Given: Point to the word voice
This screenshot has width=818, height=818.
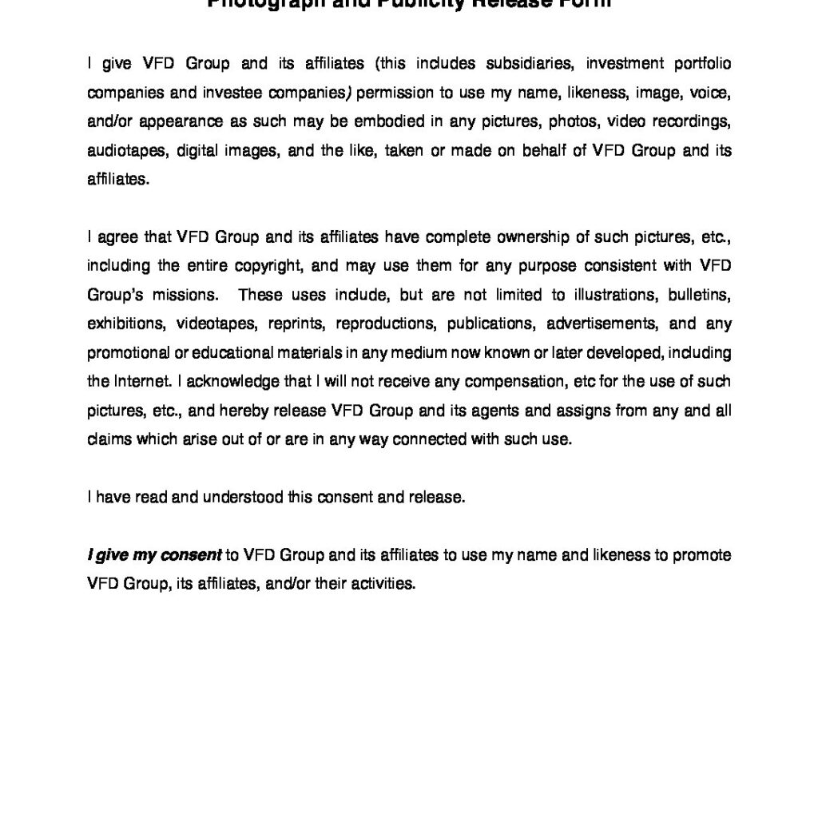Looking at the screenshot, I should (711, 93).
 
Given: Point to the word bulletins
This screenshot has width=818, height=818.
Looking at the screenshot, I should (700, 295).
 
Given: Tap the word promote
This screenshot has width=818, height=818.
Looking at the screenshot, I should (703, 555).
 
